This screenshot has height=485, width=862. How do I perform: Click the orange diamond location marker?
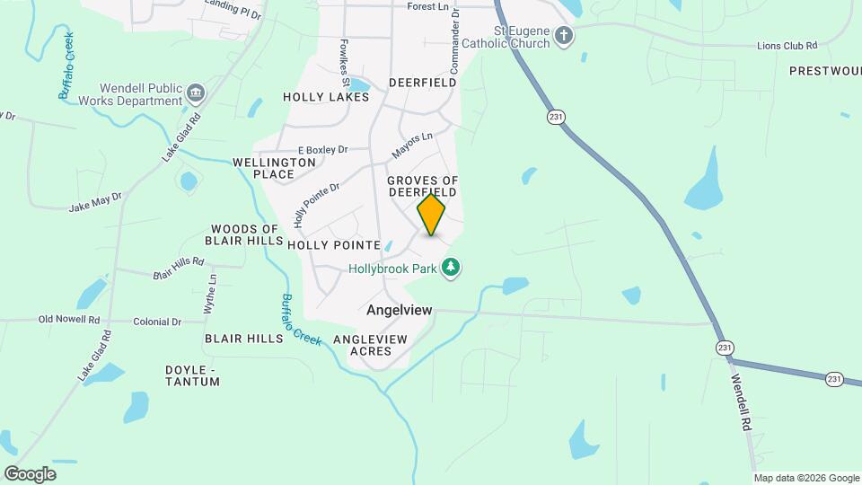pyautogui.click(x=431, y=215)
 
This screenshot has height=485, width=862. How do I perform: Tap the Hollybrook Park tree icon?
pyautogui.click(x=453, y=268)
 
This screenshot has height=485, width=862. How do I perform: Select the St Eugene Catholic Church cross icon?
pyautogui.click(x=564, y=36)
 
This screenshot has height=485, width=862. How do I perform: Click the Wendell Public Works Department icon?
pyautogui.click(x=195, y=92)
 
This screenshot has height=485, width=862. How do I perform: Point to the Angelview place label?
pyautogui.click(x=400, y=310)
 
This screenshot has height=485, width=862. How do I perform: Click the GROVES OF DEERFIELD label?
pyautogui.click(x=422, y=187)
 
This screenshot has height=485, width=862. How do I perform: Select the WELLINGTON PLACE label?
pyautogui.click(x=274, y=168)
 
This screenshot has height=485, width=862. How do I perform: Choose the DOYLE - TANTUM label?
pyautogui.click(x=192, y=375)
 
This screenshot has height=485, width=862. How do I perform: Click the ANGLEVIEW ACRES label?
pyautogui.click(x=370, y=345)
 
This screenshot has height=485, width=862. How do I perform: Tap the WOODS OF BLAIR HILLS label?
pyautogui.click(x=243, y=234)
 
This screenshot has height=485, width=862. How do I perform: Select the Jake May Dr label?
pyautogui.click(x=95, y=201)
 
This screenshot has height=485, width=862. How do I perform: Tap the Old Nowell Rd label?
pyautogui.click(x=68, y=320)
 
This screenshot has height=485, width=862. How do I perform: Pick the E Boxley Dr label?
pyautogui.click(x=322, y=150)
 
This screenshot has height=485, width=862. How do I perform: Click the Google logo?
pyautogui.click(x=30, y=473)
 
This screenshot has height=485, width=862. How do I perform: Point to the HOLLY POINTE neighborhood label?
pyautogui.click(x=321, y=244)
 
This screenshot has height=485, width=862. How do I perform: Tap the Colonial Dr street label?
pyautogui.click(x=157, y=322)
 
